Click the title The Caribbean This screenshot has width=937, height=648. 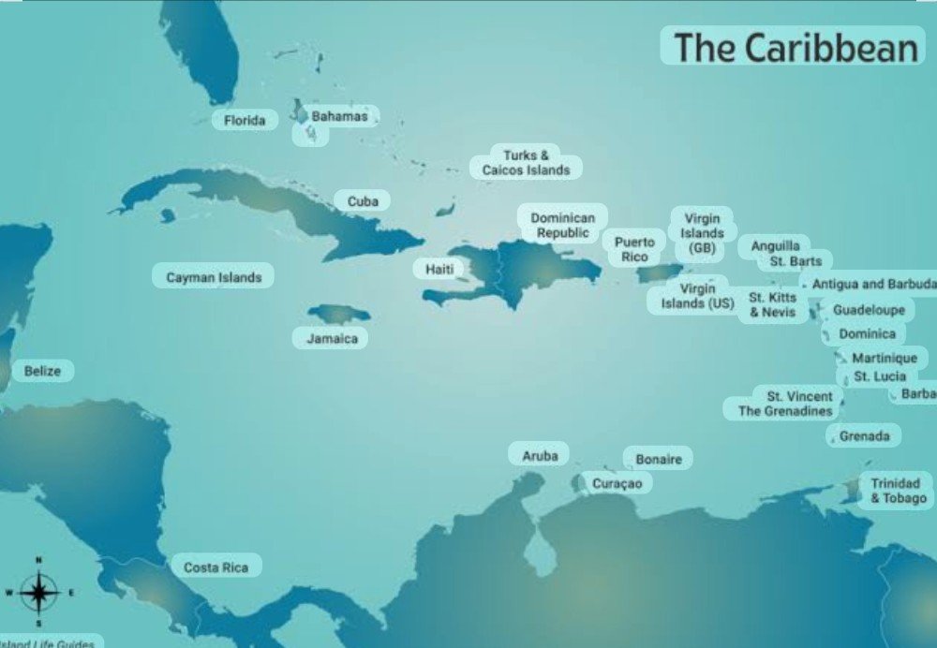coord(795,47)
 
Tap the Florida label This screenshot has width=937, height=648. coord(245,121)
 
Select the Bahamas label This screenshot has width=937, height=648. coord(339,117)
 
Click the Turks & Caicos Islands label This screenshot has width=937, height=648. coord(526,163)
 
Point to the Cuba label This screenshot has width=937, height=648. coord(363,201)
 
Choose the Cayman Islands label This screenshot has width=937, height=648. coord(214,277)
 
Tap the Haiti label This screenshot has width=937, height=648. coord(439,270)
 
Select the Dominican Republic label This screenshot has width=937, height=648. coord(563,225)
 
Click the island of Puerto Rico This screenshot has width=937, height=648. coord(660,272)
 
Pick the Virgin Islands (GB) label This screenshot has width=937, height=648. coord(702,233)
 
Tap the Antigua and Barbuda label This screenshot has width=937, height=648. coord(871,284)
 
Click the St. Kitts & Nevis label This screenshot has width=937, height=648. coord(773,305)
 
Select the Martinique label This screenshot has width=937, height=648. coord(885,359)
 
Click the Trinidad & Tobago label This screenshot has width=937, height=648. coord(897,491)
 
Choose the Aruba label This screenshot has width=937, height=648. coord(540,456)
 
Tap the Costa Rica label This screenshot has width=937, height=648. coord(216,567)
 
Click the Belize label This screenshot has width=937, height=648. coord(42,372)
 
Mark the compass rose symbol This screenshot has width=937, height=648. coord(38,592)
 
